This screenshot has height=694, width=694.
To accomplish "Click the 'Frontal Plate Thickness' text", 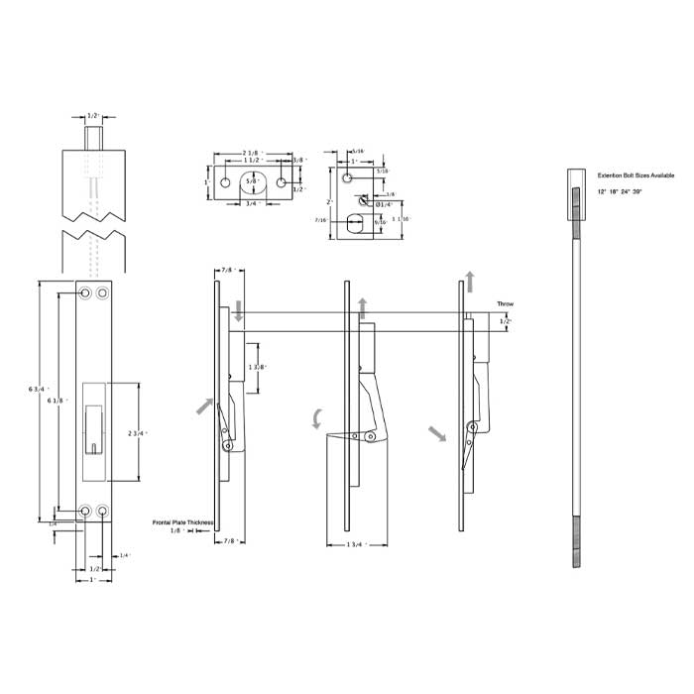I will (x=182, y=521).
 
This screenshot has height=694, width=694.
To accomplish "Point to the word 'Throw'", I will (x=505, y=304).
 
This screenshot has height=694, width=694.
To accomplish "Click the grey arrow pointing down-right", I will (x=436, y=433).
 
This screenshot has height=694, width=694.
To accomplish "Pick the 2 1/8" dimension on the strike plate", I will (x=252, y=153).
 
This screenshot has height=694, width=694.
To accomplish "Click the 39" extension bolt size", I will (x=649, y=189).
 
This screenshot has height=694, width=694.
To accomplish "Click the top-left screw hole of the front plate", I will (x=86, y=294).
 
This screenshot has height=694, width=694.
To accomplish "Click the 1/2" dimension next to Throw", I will (x=507, y=321).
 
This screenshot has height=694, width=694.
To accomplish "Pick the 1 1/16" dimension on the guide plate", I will (x=401, y=219).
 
